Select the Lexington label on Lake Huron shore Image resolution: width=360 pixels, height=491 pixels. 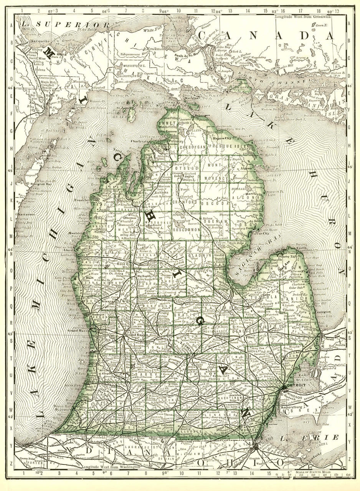point(323,312)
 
